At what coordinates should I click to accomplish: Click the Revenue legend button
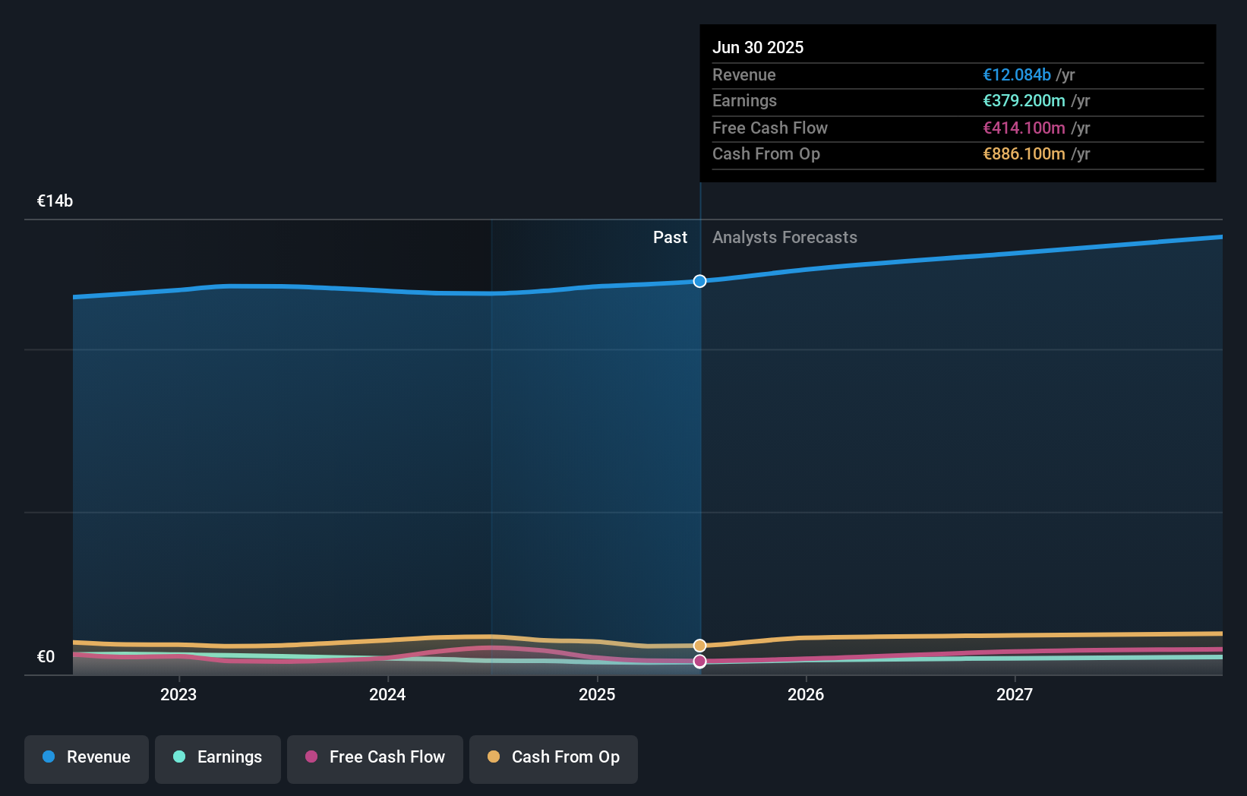(87, 758)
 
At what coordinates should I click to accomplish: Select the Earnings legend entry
(218, 758)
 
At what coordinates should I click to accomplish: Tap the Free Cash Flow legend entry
(375, 758)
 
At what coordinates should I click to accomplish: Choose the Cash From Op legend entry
(554, 758)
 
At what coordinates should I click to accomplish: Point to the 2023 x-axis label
(178, 695)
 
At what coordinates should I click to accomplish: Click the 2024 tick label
(387, 695)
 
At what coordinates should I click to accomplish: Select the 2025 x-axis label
(597, 695)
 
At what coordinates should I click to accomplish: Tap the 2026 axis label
(806, 695)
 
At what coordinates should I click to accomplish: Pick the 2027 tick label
(1015, 695)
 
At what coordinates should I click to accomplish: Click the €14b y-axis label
(55, 201)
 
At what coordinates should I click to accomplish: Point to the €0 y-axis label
(46, 657)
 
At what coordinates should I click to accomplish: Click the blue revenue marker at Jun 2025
(699, 281)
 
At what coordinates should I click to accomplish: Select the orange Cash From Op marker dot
(699, 646)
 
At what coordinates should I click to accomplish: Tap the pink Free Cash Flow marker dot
(699, 662)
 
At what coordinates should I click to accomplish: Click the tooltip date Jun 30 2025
(757, 47)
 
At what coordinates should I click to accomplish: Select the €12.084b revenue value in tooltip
(1016, 74)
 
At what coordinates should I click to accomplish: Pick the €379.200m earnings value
(1023, 101)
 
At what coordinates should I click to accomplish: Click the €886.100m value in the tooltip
(1023, 154)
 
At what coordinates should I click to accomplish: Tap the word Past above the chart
(670, 238)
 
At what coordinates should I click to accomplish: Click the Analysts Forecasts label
(785, 238)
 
